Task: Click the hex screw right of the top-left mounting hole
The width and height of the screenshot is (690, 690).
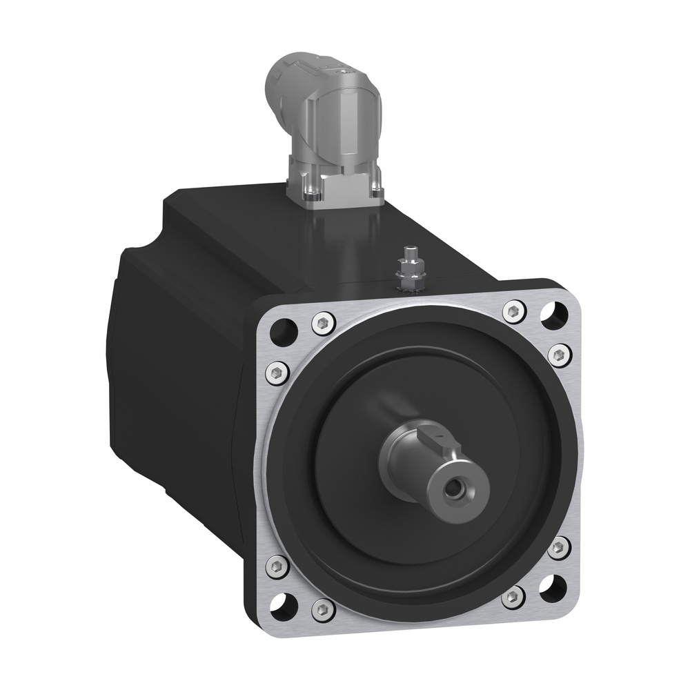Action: click(323, 321)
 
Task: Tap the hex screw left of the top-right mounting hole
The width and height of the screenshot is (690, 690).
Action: click(513, 312)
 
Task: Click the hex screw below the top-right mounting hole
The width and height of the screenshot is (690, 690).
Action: click(558, 354)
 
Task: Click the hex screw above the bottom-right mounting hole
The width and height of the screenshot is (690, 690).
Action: click(558, 548)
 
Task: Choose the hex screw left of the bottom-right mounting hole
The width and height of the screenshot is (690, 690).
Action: click(512, 595)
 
